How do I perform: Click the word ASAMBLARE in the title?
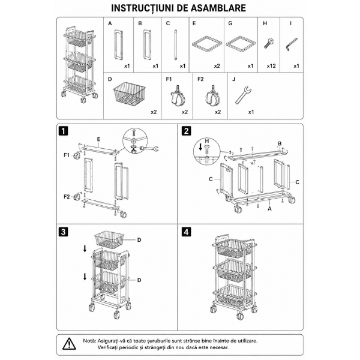point(218,8)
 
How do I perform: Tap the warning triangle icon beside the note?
point(69,344)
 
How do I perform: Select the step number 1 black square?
point(64,131)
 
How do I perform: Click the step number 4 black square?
point(186,232)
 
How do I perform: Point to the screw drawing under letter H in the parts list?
point(268,43)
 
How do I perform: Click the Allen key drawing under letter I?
point(292,44)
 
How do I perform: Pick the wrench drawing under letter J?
point(244,95)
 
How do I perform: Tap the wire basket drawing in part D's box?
point(130,94)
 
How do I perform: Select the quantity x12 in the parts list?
point(271,66)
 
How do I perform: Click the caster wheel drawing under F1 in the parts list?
point(178,97)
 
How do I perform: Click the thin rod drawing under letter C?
point(176,45)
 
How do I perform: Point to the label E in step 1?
point(99,139)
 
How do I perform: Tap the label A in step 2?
point(270,209)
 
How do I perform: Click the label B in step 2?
point(280,143)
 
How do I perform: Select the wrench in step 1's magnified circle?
point(149,149)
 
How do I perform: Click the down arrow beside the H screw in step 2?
point(200,147)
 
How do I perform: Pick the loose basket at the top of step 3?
point(109,239)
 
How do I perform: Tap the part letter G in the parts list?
point(230,23)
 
